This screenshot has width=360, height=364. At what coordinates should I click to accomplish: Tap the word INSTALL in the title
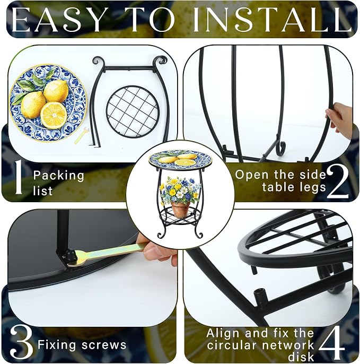[x=272, y=20]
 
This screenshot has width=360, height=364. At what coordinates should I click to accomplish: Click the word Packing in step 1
[x=58, y=176]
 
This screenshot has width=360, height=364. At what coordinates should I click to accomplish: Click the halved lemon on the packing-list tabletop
[x=54, y=115]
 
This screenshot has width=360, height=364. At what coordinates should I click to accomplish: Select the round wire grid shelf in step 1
[x=133, y=112]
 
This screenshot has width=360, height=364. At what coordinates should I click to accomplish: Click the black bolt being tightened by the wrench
[x=69, y=257]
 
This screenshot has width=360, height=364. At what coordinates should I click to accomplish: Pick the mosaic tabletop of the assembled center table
[x=180, y=158]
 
